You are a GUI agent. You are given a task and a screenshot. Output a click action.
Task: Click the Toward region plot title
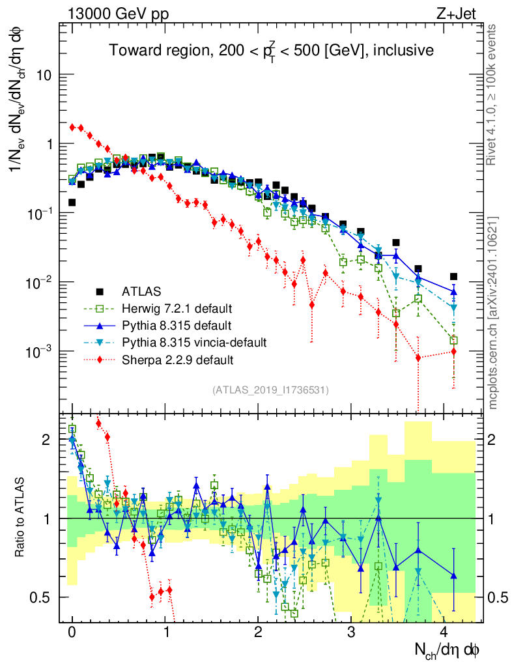point(271,51)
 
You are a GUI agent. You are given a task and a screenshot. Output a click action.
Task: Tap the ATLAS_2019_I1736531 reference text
point(270,390)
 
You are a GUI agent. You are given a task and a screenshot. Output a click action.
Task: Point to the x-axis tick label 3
point(350,632)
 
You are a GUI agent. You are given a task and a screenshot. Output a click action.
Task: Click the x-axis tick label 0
point(72,632)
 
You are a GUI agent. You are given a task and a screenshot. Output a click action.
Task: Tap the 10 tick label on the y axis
point(44,75)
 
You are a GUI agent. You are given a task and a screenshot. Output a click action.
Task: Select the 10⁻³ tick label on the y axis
point(39,352)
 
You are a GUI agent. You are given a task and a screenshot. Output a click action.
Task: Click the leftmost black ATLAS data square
point(72,203)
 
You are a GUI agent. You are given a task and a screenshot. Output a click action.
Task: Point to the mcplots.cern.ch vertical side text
point(493,312)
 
